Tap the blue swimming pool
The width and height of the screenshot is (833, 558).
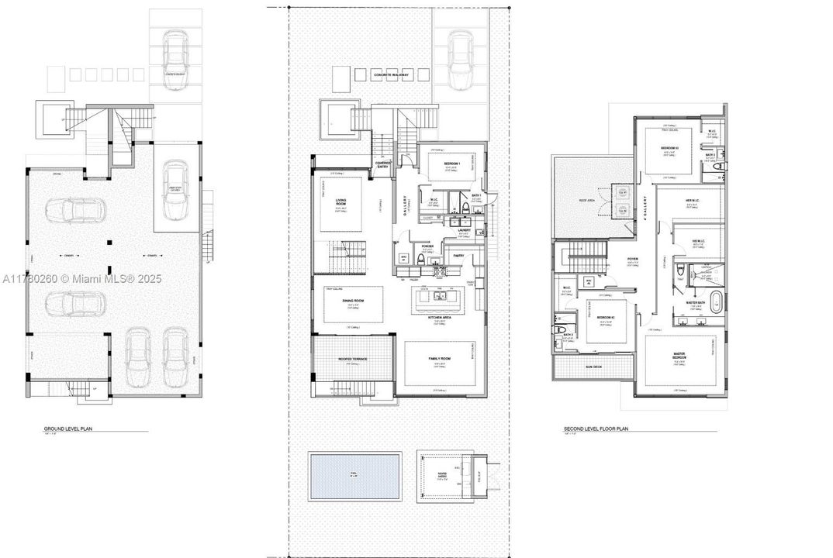[x=354, y=476]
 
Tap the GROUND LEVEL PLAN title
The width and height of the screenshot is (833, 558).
[x=64, y=428]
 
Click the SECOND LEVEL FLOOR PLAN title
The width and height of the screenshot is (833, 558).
[x=593, y=428]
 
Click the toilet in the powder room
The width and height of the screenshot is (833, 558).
[x=420, y=260]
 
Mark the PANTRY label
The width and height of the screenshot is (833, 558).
[x=458, y=255]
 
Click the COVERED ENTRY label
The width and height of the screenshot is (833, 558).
[x=383, y=165]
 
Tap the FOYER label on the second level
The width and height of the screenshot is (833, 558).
[x=633, y=260]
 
